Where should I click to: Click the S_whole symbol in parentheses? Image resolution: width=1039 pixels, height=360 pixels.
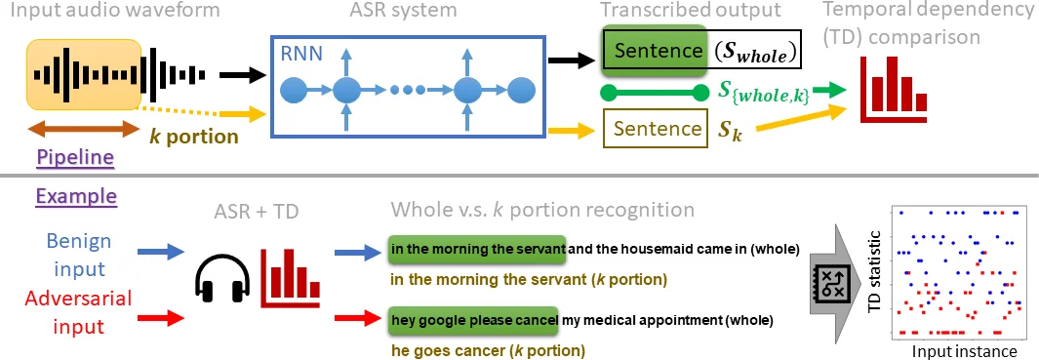[752, 52]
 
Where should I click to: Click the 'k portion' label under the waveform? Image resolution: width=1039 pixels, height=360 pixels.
[193, 136]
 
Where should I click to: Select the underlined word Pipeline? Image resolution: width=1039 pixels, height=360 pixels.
[75, 157]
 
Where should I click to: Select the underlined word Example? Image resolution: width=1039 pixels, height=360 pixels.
[76, 196]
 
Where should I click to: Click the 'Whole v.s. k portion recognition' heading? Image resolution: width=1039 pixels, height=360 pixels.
[542, 210]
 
